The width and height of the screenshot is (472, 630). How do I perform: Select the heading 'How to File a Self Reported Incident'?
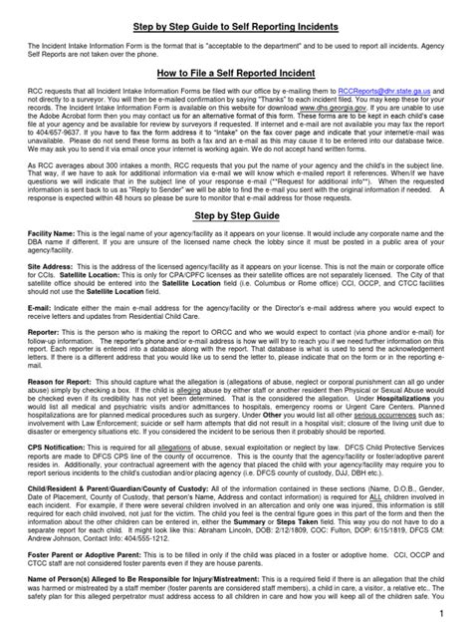(235, 74)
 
